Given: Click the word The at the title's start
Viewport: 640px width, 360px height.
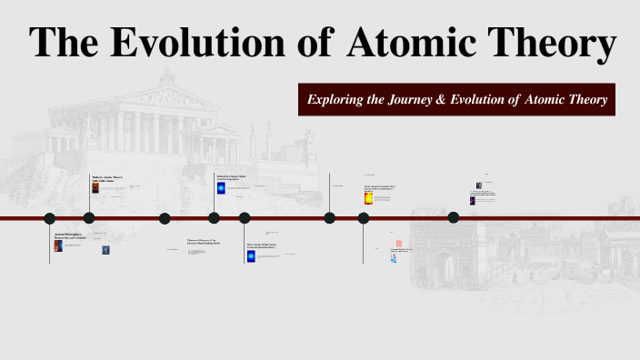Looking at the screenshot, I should pyautogui.click(x=65, y=43).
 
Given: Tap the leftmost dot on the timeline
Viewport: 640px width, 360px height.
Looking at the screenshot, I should pyautogui.click(x=50, y=218).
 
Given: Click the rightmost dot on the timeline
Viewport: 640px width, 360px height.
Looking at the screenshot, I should pyautogui.click(x=454, y=217).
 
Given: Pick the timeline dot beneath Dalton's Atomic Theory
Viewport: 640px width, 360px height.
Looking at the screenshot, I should pyautogui.click(x=89, y=218).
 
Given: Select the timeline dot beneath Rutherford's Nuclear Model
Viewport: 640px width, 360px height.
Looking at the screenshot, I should pyautogui.click(x=214, y=218).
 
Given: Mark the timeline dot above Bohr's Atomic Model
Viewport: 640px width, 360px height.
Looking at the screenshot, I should pyautogui.click(x=245, y=218).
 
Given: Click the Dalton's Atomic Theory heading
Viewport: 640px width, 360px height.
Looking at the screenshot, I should pyautogui.click(x=107, y=177).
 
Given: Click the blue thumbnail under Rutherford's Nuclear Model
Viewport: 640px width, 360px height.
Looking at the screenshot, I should pyautogui.click(x=221, y=188).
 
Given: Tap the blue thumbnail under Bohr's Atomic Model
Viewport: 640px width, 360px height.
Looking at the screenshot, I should pyautogui.click(x=251, y=256).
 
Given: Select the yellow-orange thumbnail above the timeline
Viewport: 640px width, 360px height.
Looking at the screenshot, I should pyautogui.click(x=368, y=198).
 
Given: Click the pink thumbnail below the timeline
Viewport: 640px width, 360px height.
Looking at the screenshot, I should pyautogui.click(x=398, y=244).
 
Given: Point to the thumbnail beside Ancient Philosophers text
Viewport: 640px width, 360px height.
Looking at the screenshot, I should pyautogui.click(x=58, y=245).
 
